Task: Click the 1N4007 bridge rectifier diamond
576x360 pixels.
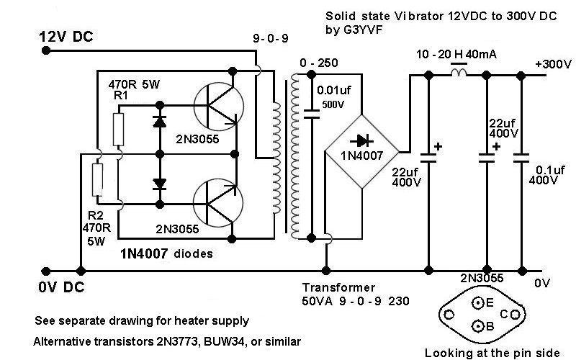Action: tap(361, 152)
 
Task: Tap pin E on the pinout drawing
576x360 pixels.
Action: tap(479, 302)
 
